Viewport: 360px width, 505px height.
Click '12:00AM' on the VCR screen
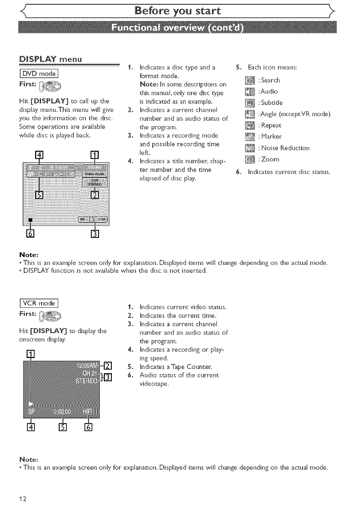coord(87,366)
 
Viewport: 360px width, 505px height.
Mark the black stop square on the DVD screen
coord(31,220)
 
